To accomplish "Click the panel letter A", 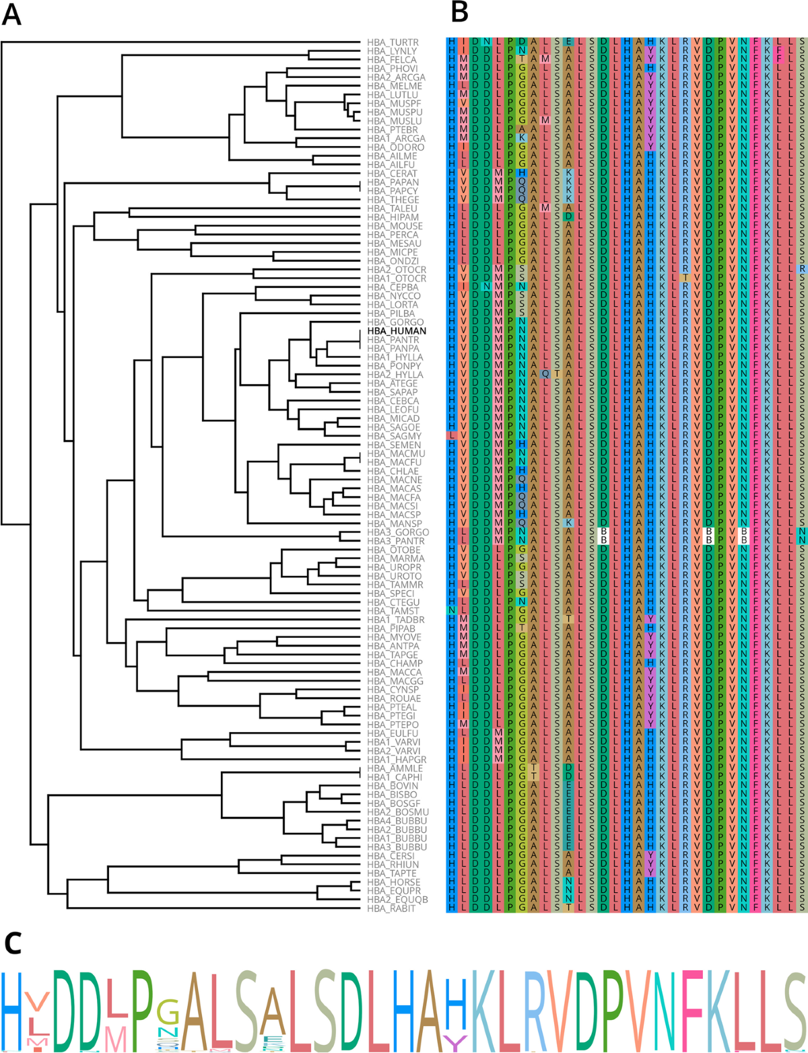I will (11, 14).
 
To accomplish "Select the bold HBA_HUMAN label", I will (397, 331).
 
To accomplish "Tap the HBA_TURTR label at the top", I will (393, 42).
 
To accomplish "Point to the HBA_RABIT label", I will (391, 908).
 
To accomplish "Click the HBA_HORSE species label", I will (394, 882).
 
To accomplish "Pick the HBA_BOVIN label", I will (394, 786).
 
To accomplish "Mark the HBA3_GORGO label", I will (397, 532).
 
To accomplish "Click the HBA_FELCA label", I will (392, 60).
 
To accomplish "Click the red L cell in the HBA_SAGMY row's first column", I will (452, 436).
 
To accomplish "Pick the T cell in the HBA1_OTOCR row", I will (685, 279).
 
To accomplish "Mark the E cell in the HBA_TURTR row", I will (568, 42).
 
